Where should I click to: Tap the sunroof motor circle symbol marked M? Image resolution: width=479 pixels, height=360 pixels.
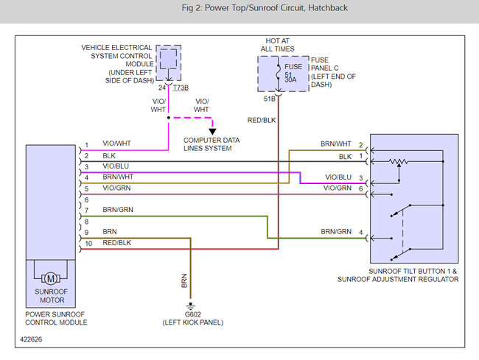(x=51, y=278)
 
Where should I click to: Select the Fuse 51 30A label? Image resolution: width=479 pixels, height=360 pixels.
(x=288, y=74)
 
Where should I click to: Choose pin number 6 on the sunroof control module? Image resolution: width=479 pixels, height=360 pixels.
(x=86, y=199)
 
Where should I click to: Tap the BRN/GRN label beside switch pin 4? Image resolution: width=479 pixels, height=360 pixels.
(x=335, y=231)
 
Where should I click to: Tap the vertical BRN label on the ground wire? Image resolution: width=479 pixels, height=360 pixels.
(x=184, y=280)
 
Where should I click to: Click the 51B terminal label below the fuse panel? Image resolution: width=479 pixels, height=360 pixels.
(x=269, y=98)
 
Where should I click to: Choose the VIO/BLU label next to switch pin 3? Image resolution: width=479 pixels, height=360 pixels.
(x=337, y=177)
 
